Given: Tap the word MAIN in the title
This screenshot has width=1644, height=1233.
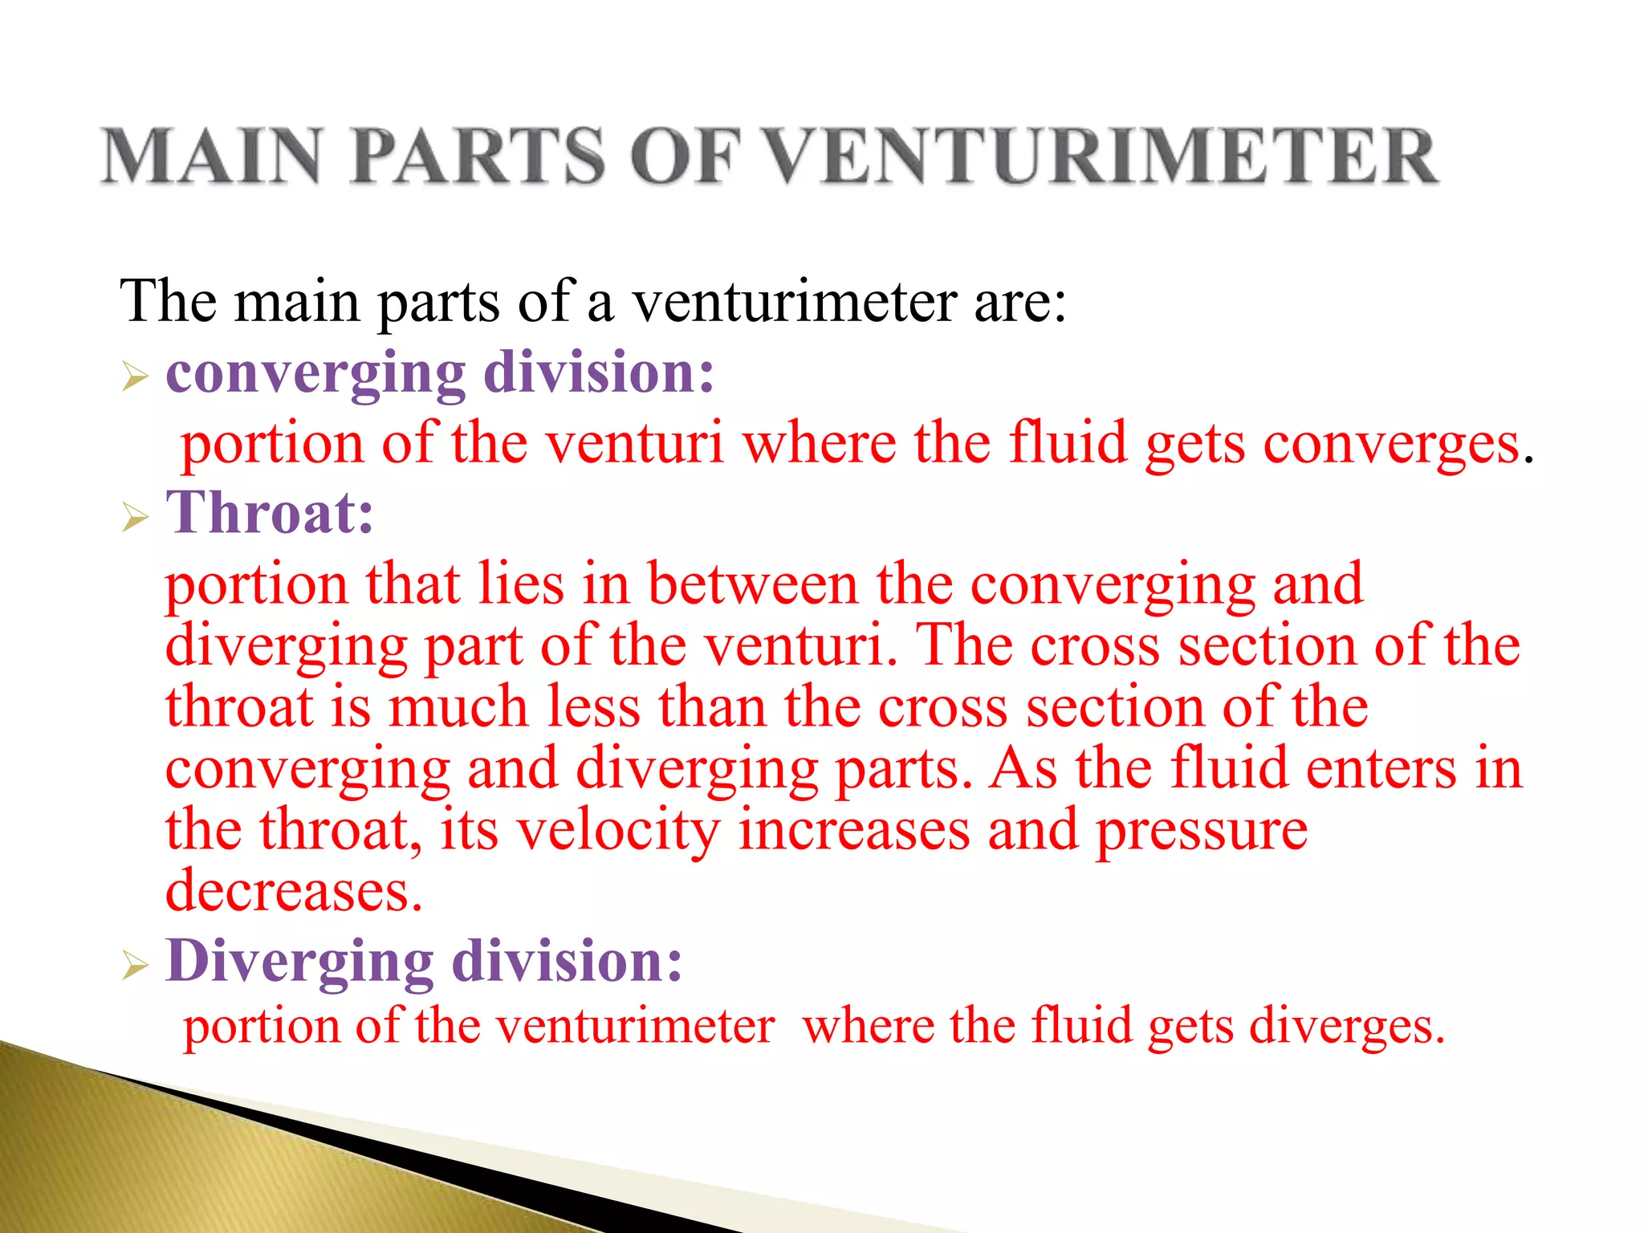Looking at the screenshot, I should point(213,157).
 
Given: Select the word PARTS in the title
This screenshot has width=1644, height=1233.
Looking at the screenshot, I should point(477,157).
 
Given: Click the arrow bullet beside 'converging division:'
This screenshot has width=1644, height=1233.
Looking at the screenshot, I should point(136,376).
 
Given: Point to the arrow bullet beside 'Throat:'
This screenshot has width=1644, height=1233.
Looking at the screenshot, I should point(136,518).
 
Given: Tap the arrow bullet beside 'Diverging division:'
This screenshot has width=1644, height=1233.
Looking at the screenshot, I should point(136,965).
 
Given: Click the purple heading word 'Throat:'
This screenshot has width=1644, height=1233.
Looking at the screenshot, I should point(270,513).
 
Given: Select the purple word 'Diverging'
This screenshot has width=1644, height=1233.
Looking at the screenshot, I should point(299,962).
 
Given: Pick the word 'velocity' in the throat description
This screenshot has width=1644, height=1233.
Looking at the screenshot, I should point(617,831).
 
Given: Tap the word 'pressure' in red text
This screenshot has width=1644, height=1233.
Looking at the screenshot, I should point(1202,831).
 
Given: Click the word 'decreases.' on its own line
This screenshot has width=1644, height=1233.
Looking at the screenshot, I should point(294,891).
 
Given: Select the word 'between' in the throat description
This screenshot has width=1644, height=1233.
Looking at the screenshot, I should point(752,584).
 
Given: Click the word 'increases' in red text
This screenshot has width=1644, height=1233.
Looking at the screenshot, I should point(853,831).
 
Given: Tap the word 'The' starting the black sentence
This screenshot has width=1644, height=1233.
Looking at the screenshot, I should point(168,302).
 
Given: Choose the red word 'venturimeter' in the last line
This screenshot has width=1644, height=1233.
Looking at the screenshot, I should point(635,1027).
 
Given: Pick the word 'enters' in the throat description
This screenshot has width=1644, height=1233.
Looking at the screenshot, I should point(1380,769).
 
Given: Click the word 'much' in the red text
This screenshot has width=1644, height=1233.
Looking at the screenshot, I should point(458,707).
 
